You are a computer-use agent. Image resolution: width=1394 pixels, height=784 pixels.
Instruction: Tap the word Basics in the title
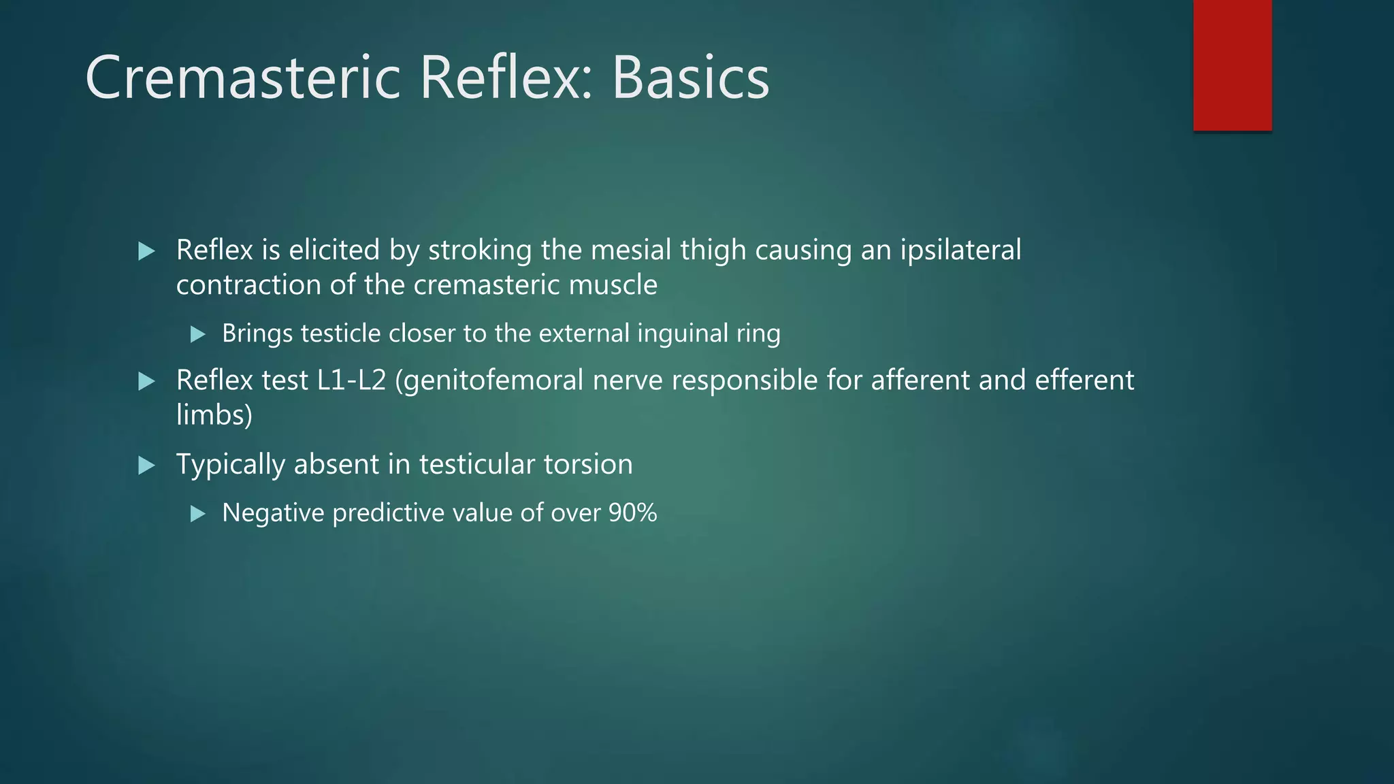[x=690, y=78]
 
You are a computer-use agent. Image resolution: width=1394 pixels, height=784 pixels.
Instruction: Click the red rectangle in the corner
[x=1232, y=65]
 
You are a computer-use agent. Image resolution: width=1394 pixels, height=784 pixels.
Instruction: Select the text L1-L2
[x=351, y=380]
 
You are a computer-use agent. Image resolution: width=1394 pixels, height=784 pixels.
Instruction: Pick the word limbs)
[x=214, y=415]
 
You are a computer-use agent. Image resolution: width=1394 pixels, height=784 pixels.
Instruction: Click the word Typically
[x=230, y=465]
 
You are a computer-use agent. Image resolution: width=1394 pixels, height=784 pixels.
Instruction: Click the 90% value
[x=632, y=513]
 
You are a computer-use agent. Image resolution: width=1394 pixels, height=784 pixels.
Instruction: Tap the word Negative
[x=273, y=513]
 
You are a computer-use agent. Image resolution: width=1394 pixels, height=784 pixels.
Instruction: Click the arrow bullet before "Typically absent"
[x=146, y=465]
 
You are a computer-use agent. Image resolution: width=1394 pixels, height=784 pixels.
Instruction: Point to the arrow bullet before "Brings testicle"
[x=198, y=334]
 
